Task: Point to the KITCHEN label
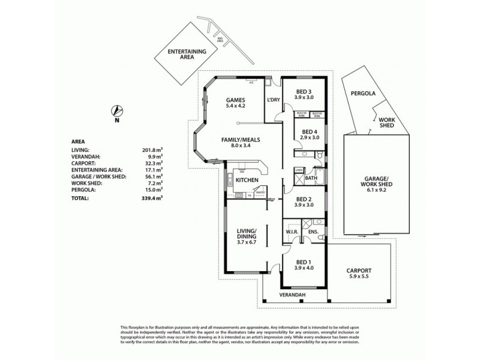pyautogui.click(x=247, y=180)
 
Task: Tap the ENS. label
pyautogui.click(x=313, y=231)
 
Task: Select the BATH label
pyautogui.click(x=310, y=178)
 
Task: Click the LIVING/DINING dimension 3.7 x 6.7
pyautogui.click(x=246, y=242)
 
